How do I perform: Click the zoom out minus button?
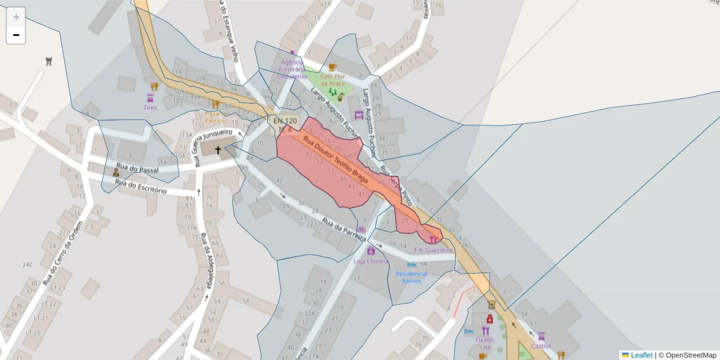pyautogui.click(x=16, y=35)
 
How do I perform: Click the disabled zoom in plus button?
pyautogui.click(x=16, y=17)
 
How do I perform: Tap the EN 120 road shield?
pyautogui.click(x=285, y=121)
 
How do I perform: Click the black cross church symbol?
pyautogui.click(x=217, y=151)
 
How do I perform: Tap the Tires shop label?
pyautogui.click(x=150, y=108)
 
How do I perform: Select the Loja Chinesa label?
pyautogui.click(x=370, y=261)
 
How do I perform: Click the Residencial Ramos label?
pyautogui.click(x=412, y=278)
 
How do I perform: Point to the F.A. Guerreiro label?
pyautogui.click(x=433, y=250)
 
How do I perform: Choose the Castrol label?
pyautogui.click(x=541, y=346)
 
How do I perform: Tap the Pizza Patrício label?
pyautogui.click(x=215, y=116)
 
